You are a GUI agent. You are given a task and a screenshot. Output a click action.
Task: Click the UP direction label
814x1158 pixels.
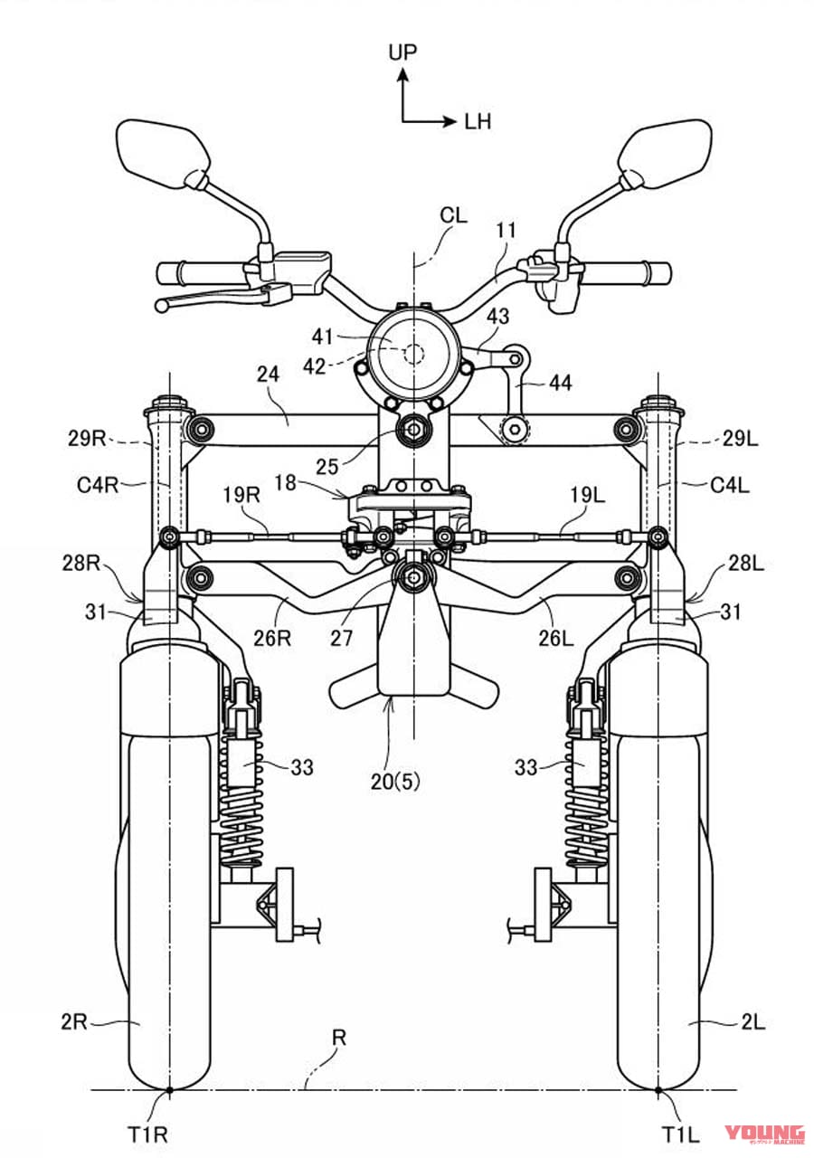402,52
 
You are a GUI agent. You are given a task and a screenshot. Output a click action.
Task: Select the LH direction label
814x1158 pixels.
478,122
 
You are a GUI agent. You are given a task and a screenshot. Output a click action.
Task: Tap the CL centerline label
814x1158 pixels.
453,215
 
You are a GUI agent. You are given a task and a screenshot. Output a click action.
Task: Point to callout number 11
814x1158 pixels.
506,230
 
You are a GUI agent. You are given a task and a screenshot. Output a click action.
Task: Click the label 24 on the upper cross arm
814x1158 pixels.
269,374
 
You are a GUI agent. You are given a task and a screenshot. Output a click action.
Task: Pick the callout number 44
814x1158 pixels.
560,383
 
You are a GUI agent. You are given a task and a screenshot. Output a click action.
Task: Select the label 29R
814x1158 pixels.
87,439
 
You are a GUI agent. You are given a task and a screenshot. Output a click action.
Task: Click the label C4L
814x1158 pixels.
730,485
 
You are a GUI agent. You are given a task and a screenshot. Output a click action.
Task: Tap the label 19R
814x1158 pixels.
241,496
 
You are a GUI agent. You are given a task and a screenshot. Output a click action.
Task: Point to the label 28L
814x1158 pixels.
744,564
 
